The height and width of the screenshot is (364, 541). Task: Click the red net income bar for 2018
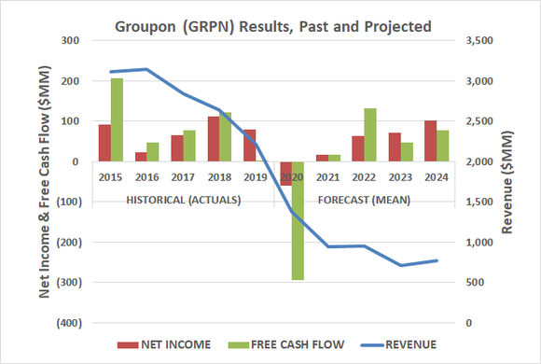click(x=214, y=139)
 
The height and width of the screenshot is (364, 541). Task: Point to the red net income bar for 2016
click(x=140, y=157)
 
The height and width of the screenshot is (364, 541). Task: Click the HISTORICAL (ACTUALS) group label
click(x=183, y=199)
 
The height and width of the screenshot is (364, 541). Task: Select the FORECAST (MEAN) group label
click(x=362, y=199)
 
